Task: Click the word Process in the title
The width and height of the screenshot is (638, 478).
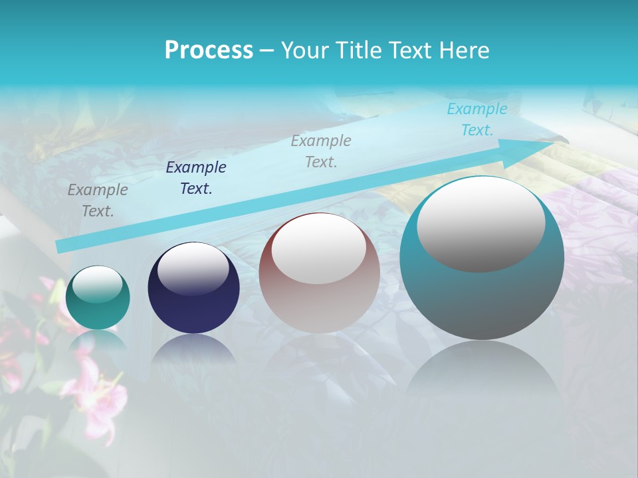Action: tap(209, 50)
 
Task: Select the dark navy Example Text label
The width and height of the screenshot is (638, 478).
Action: tap(196, 178)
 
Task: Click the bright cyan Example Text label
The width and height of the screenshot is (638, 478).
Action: tap(477, 119)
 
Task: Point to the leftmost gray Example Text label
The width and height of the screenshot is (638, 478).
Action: tap(98, 200)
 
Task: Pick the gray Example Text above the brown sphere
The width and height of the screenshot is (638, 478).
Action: tap(321, 151)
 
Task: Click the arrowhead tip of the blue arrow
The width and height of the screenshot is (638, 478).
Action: tap(553, 142)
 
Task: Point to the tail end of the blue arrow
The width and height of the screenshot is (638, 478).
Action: tap(60, 246)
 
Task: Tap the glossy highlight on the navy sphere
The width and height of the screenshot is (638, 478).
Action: tap(193, 269)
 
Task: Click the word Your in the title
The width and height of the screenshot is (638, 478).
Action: tap(302, 50)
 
